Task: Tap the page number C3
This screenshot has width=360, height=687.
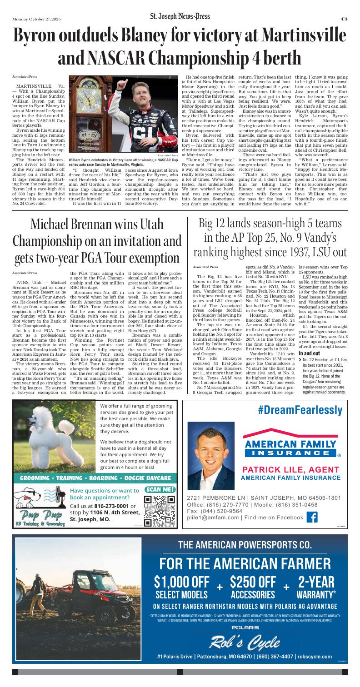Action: click(x=345, y=19)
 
